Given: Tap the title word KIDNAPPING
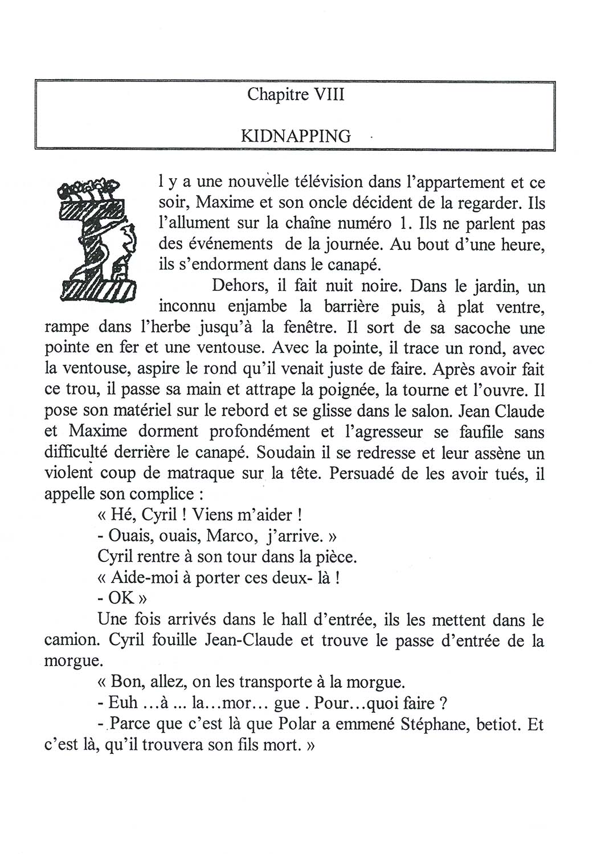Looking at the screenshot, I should point(296,136).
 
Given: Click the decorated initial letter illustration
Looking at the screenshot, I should point(96,240).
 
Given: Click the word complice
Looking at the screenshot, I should point(166,494).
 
